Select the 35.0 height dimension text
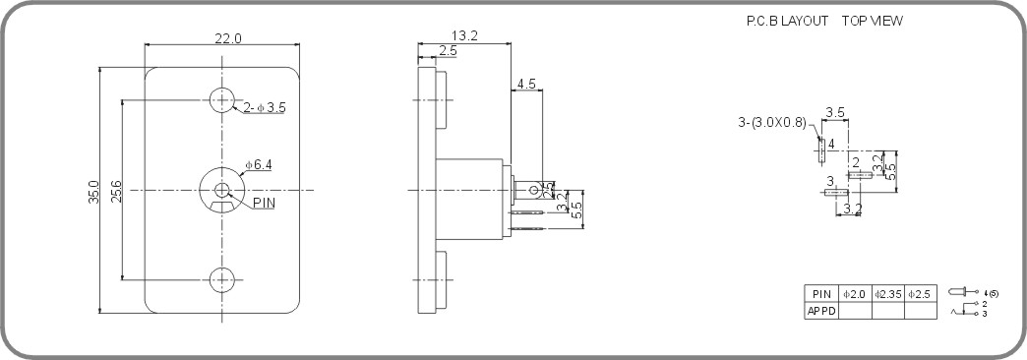coord(94,191)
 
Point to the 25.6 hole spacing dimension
coord(116,189)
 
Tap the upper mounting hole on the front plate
coord(222,99)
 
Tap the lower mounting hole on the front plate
coord(222,279)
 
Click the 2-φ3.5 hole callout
coord(264,107)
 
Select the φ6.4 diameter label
coord(259,164)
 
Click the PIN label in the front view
coord(265,203)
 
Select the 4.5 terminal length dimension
coord(525,85)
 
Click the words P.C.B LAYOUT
coord(787,21)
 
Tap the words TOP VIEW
coord(872,21)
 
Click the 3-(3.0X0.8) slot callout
coord(772,122)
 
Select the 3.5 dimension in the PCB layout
coord(835,112)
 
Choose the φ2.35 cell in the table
coord(887,294)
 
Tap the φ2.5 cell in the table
coord(921,294)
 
